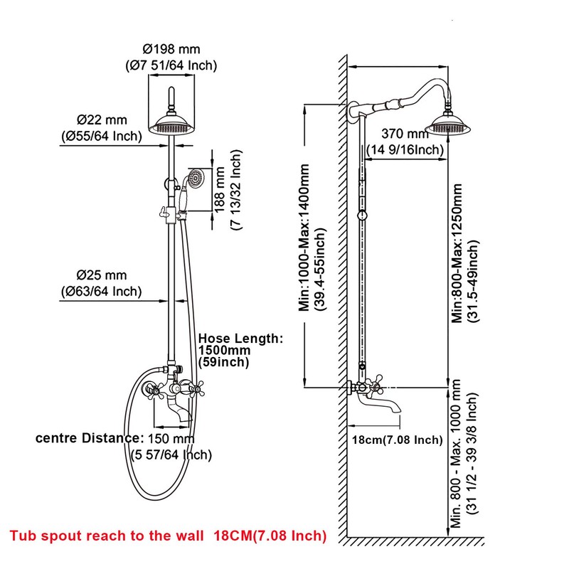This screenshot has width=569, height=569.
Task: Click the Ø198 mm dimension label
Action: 171,50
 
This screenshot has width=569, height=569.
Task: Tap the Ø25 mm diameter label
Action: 102,275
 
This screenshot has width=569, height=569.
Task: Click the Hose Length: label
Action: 240,339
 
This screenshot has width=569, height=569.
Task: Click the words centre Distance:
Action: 88,437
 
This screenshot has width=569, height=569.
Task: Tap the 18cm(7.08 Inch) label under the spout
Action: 398,440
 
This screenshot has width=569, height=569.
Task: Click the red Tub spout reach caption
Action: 168,535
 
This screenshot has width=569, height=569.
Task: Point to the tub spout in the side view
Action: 388,405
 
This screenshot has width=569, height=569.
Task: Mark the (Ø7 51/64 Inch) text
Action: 171,65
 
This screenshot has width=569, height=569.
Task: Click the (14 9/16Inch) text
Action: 405,149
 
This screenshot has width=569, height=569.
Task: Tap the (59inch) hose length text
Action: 223,363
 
